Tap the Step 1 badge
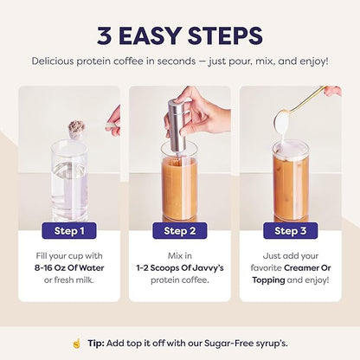pos(69,230)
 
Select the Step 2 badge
pos(179,230)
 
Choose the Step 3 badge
pos(290,230)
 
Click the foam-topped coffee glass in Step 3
pos(291,182)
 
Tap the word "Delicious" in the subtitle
pos(57,61)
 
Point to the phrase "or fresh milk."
pos(69,281)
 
